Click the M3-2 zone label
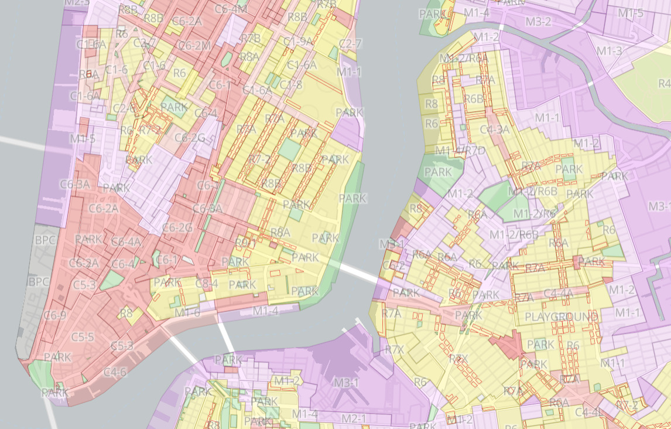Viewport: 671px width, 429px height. click(538, 22)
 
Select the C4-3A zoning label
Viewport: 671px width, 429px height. click(494, 129)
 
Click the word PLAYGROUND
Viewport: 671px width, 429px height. click(562, 317)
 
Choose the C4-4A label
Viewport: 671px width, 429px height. click(558, 293)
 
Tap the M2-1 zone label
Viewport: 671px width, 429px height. click(354, 418)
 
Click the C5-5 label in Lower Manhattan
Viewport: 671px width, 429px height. click(83, 337)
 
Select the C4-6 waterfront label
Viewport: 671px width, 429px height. click(115, 372)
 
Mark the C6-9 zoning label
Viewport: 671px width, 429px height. click(55, 315)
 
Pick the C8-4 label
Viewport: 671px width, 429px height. click(207, 284)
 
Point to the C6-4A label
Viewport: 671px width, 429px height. click(126, 241)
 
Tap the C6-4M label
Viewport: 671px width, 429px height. click(231, 9)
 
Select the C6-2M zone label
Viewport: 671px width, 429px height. click(194, 46)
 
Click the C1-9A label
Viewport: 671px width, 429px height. click(298, 42)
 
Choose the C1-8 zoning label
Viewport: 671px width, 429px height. click(290, 85)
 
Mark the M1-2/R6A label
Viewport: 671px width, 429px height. click(464, 58)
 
